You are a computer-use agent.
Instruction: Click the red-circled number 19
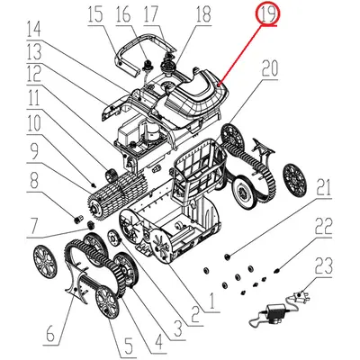(266, 14)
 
